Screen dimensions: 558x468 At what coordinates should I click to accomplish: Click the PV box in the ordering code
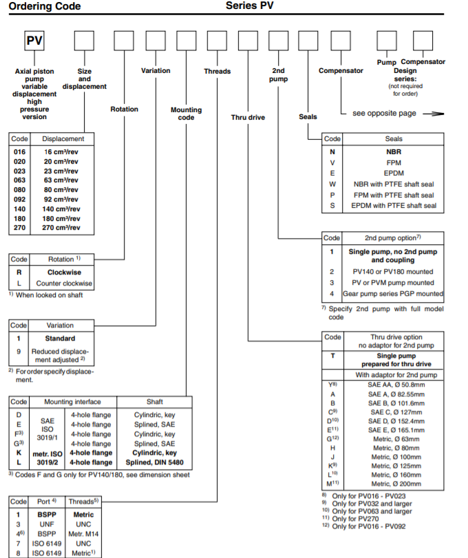[x=34, y=41]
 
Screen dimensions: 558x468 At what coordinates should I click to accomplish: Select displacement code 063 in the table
[x=19, y=179]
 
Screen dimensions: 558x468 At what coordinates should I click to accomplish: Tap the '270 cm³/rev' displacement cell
[x=61, y=227]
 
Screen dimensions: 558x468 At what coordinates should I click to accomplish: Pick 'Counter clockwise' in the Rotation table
[x=60, y=283]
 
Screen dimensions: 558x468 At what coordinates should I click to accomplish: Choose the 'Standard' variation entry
[x=60, y=339]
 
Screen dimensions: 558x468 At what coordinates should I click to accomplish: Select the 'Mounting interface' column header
[x=72, y=401]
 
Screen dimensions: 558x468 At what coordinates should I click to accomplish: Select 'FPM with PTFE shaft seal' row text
[x=394, y=194]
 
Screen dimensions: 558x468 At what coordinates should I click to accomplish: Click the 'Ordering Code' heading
[x=43, y=6]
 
